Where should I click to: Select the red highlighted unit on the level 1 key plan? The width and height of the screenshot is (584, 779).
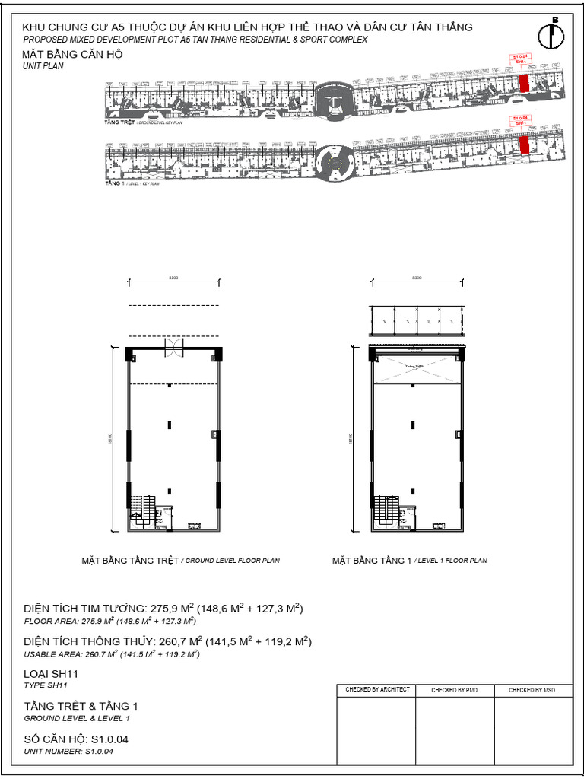coord(524,144)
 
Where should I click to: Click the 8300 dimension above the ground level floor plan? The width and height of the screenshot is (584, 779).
coord(173,278)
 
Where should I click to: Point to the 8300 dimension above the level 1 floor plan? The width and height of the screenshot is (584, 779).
coord(417,278)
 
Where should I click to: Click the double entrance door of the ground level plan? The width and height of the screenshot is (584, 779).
coord(174,347)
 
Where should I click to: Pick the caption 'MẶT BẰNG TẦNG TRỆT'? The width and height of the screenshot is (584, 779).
coord(130,561)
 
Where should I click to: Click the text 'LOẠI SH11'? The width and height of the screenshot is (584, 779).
coord(51,674)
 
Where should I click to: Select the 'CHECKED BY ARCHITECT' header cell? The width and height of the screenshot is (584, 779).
coord(377,689)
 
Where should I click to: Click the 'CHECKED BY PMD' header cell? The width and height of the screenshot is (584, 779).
coord(455,690)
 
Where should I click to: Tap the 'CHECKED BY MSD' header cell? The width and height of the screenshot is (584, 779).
coord(532,690)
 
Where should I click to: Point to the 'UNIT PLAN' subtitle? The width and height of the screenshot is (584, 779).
coord(43,66)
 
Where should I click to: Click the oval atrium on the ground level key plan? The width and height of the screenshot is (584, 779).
coord(332,100)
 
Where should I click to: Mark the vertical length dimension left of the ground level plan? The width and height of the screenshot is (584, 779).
coord(117,440)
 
